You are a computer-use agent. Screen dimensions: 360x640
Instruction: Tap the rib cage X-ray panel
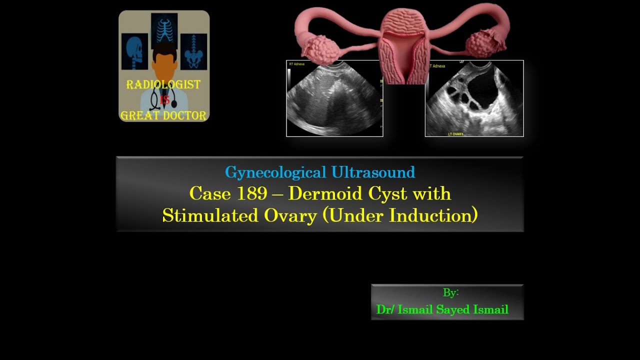[x=164, y=30]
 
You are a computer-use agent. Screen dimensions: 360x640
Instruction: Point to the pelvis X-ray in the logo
[x=193, y=51]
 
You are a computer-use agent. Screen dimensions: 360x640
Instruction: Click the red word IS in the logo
[x=164, y=100]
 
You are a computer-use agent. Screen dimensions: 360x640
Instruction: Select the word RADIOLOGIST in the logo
[x=163, y=85]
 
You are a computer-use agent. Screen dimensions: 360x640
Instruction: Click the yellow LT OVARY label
[x=455, y=134]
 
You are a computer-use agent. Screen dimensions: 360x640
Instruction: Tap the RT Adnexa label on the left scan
[x=297, y=64]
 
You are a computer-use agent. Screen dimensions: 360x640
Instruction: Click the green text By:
[x=450, y=292]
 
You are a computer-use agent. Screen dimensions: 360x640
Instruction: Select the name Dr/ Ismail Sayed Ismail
[x=442, y=309]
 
